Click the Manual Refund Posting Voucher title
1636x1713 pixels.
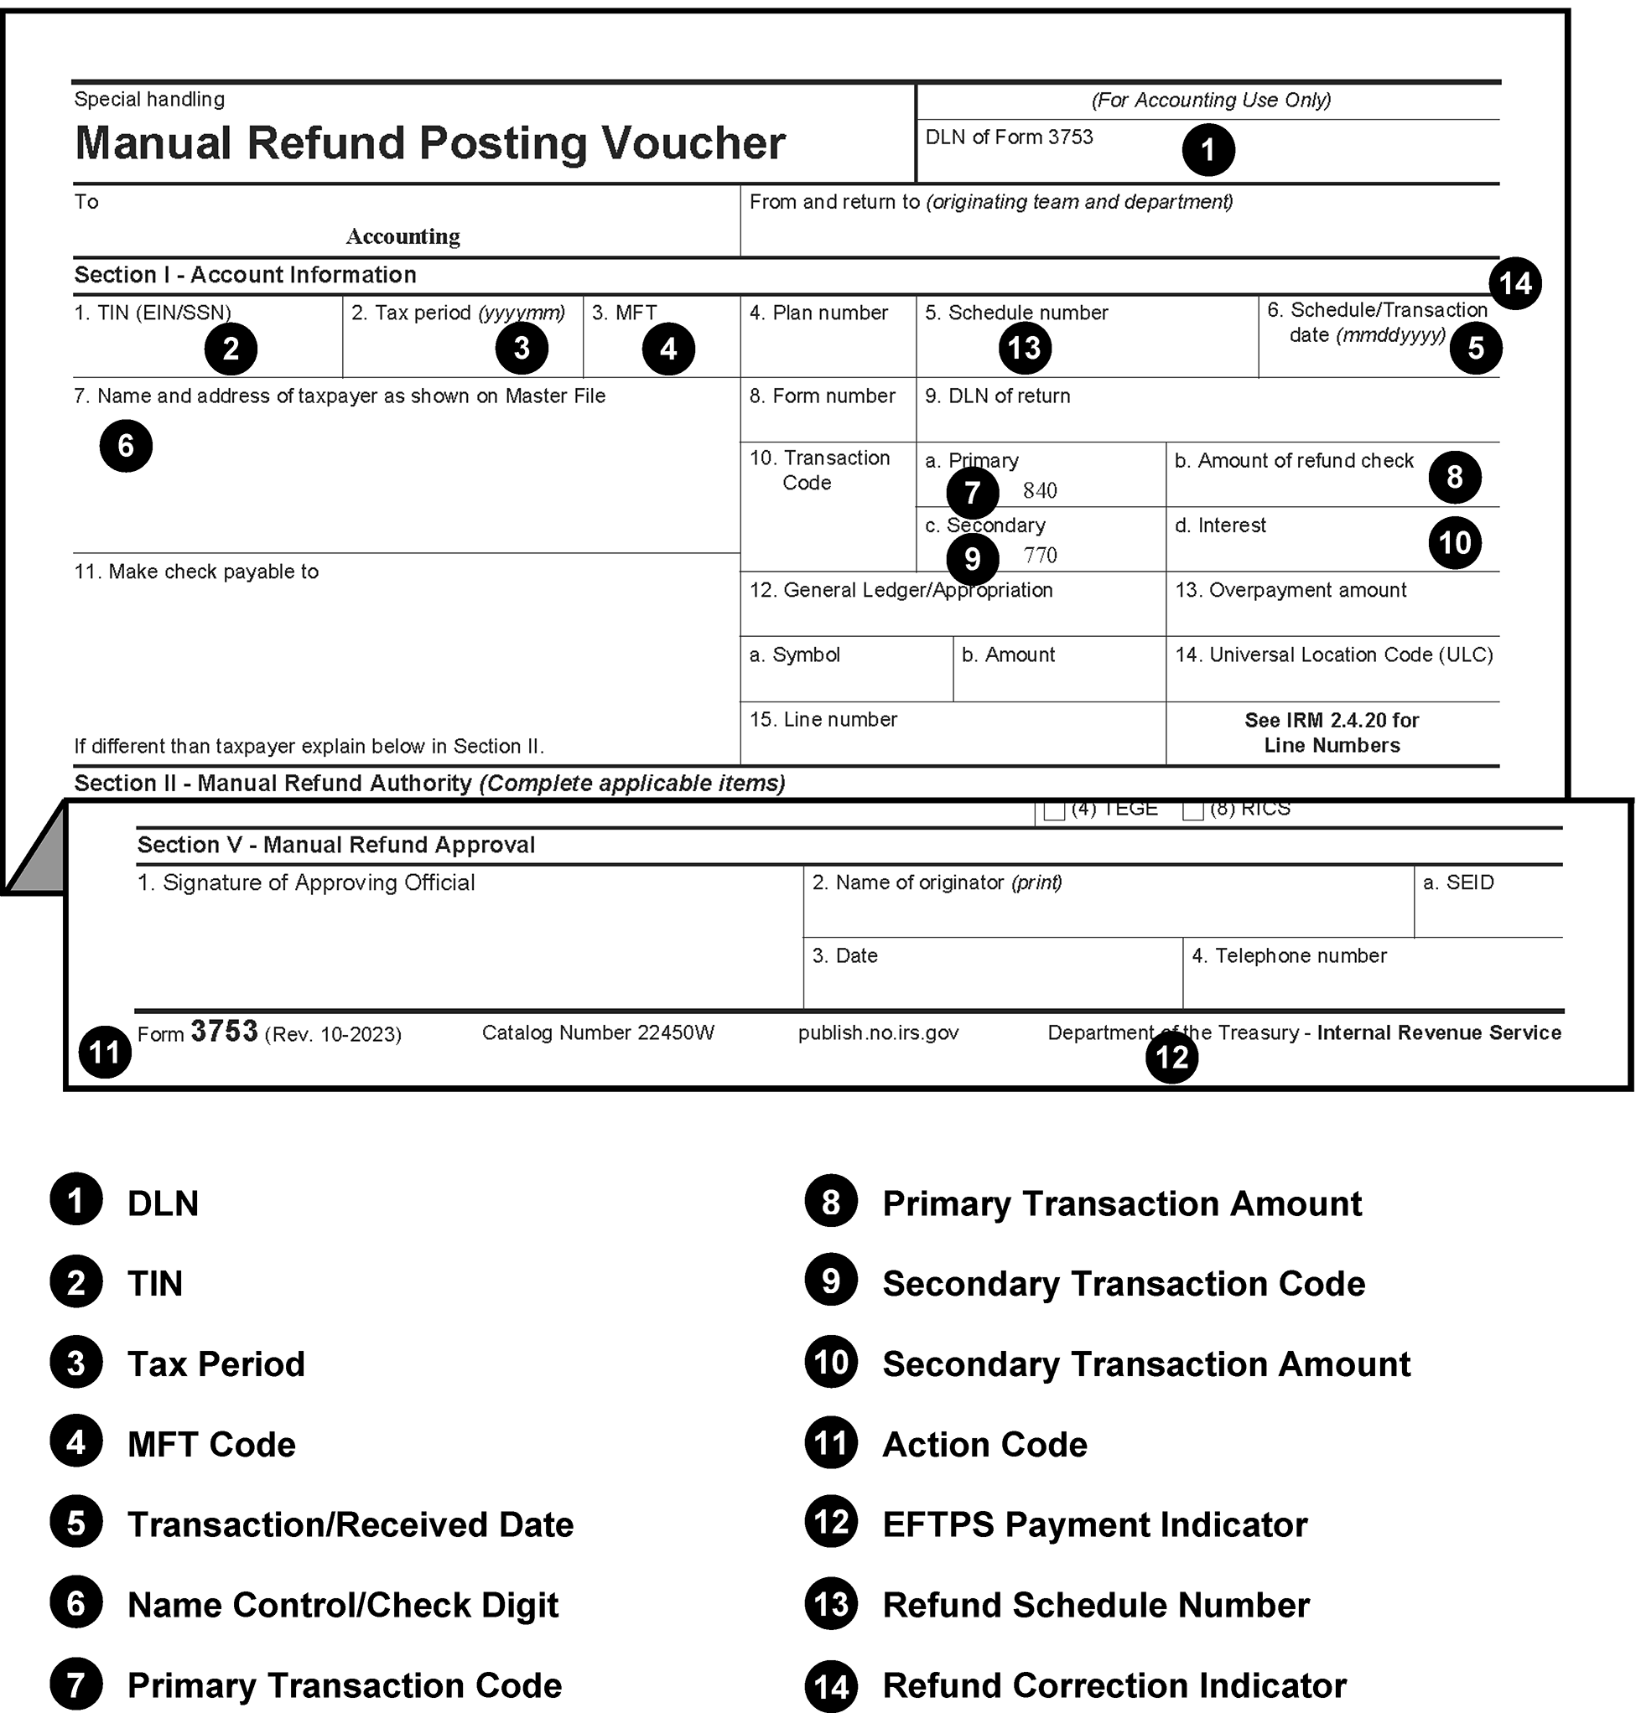[x=430, y=143]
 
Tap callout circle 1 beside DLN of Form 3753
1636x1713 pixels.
[x=1208, y=150]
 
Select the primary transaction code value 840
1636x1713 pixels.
[x=1040, y=491]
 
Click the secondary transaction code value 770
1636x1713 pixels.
[x=1040, y=556]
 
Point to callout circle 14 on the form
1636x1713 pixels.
[x=1514, y=283]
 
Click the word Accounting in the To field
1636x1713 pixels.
[x=403, y=236]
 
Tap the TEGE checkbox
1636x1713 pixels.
[x=1054, y=810]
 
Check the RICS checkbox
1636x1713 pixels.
[x=1192, y=810]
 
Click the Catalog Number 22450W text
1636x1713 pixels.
[x=597, y=1033]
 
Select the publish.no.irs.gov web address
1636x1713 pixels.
[x=878, y=1033]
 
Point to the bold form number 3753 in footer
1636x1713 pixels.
[x=224, y=1032]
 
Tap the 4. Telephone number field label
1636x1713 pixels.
[x=1289, y=955]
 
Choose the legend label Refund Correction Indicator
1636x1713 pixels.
[x=1114, y=1685]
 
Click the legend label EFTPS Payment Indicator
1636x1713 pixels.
[x=1094, y=1524]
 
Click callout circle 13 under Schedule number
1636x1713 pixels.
[x=1025, y=348]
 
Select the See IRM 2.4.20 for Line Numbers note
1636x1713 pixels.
[x=1332, y=732]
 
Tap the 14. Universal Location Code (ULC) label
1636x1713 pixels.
[x=1333, y=655]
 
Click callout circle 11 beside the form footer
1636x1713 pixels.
[x=105, y=1053]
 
